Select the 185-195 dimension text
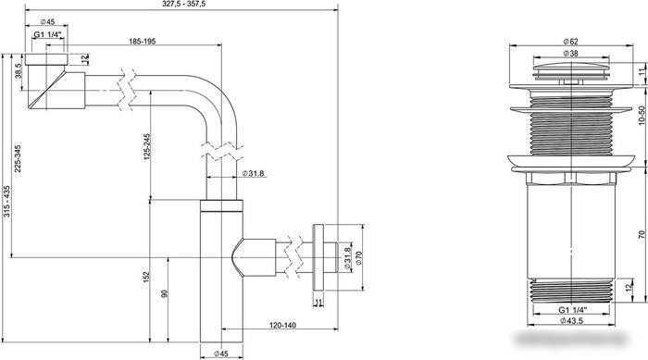click(143, 42)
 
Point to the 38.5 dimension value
click(19, 71)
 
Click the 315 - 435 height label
click(6, 202)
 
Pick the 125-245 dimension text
click(147, 147)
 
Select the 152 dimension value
click(146, 278)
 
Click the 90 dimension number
click(165, 294)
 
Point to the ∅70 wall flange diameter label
click(358, 257)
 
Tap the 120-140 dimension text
click(282, 325)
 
